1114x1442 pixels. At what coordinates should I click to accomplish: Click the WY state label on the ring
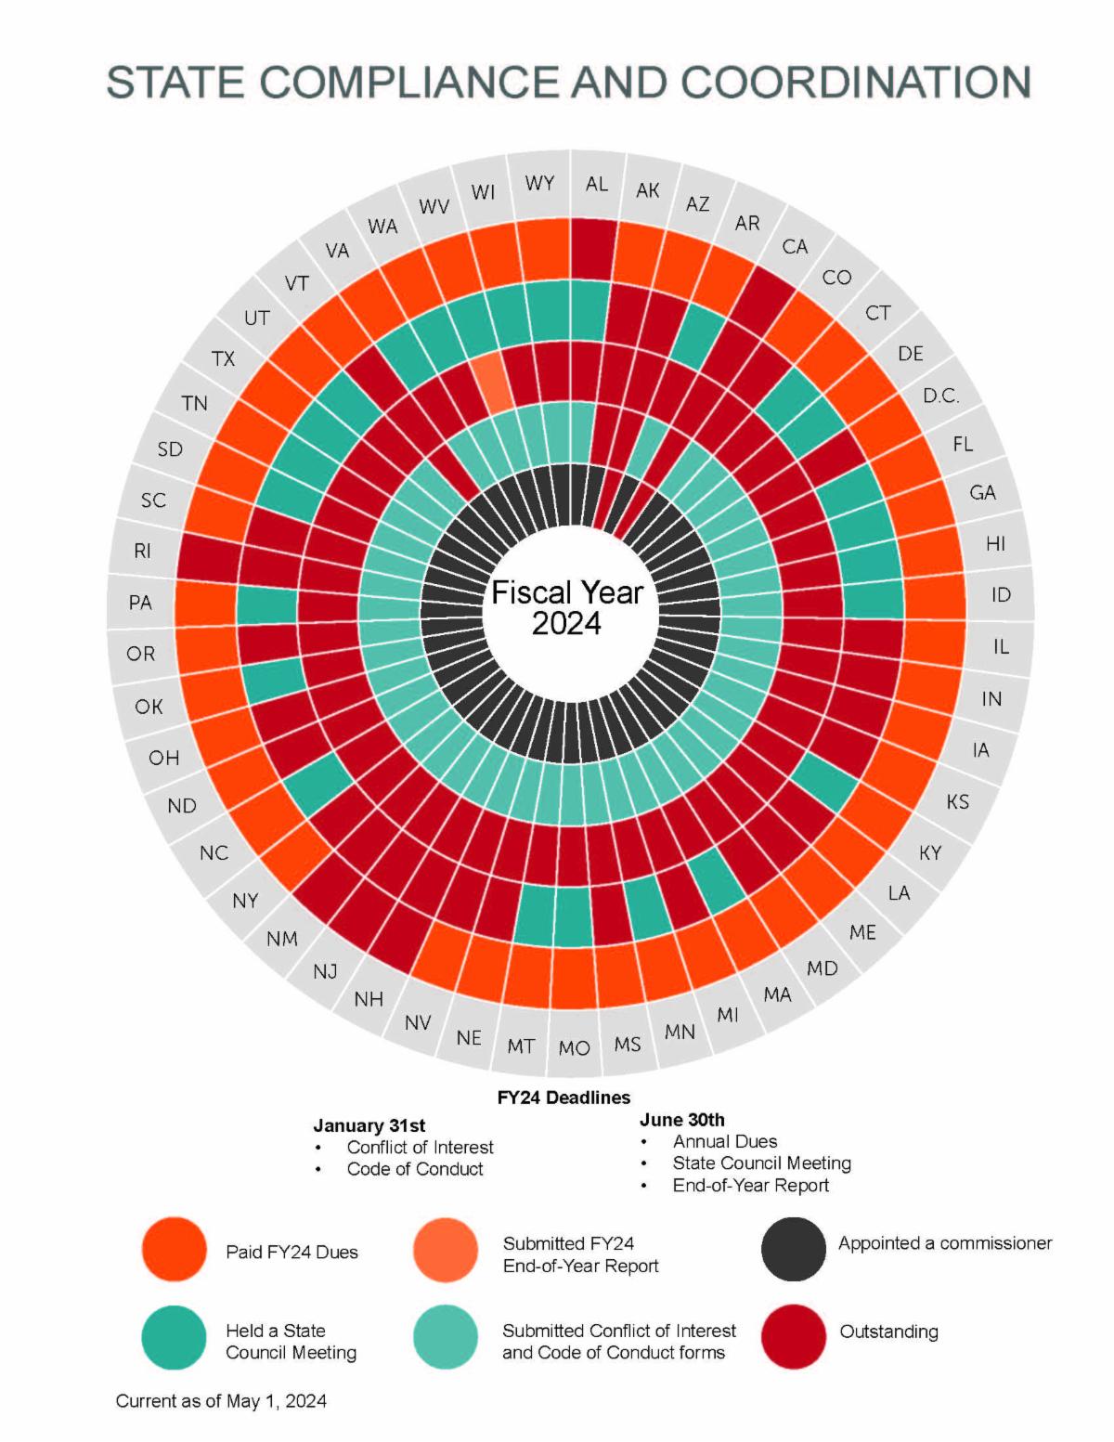[x=539, y=183]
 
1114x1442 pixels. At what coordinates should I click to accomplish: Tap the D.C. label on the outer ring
[x=940, y=396]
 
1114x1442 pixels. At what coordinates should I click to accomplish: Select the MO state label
[x=574, y=1048]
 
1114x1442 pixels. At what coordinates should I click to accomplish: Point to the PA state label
[x=140, y=603]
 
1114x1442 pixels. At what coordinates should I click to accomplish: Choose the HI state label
[x=995, y=543]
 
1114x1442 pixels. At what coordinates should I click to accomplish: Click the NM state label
[x=282, y=939]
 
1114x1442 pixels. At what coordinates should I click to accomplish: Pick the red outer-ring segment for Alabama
[x=591, y=251]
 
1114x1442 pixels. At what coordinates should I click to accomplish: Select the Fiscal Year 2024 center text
[x=567, y=607]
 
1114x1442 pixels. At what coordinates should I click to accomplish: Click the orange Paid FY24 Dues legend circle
[x=174, y=1250]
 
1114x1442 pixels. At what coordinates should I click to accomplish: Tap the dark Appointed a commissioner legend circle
[x=793, y=1250]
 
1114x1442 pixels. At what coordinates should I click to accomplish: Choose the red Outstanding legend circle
[x=793, y=1337]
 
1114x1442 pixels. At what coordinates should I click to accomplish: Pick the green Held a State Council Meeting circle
[x=174, y=1337]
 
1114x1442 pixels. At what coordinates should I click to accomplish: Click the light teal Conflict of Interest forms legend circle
[x=446, y=1337]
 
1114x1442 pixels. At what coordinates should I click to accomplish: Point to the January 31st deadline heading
[x=369, y=1125]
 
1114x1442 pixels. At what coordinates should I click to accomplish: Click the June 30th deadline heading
[x=681, y=1120]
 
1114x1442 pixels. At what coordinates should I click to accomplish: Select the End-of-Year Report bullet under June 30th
[x=750, y=1186]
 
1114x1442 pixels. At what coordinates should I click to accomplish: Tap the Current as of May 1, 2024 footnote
[x=221, y=1401]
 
